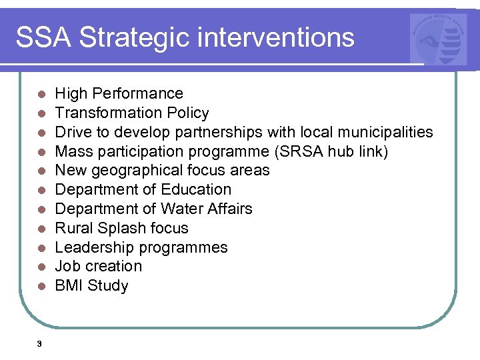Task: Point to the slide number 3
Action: [x=39, y=343]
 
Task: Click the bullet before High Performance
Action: [x=41, y=94]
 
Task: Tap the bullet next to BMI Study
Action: [x=41, y=287]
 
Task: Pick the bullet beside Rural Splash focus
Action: [x=41, y=229]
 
